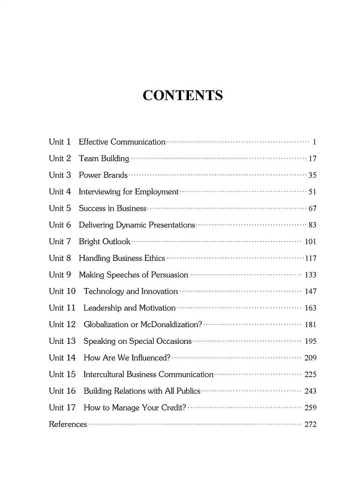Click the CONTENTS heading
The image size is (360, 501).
[x=183, y=95]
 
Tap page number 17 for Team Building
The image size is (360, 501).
[x=311, y=159]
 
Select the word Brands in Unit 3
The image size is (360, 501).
[x=114, y=175]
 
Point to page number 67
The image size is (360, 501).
[x=311, y=209]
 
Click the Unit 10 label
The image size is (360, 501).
[x=62, y=292]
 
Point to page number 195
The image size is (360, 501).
[x=310, y=341]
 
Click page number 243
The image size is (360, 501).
[x=310, y=391]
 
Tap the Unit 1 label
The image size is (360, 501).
[x=60, y=142]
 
